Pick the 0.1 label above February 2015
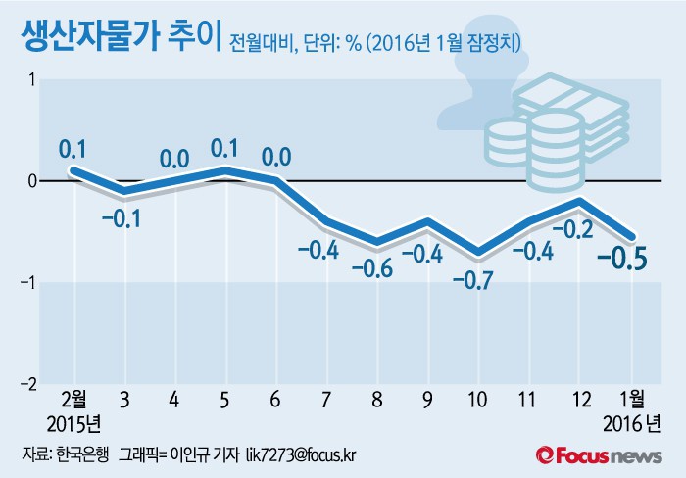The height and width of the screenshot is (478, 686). (73, 149)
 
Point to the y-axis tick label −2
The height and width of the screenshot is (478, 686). (27, 384)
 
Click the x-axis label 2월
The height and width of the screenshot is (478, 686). (73, 401)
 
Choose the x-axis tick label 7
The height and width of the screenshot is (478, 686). (325, 401)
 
